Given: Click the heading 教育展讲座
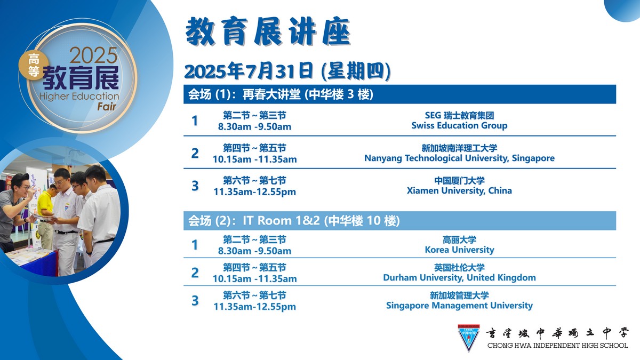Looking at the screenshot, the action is [268, 31].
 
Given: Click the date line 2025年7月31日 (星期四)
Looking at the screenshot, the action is [287, 71].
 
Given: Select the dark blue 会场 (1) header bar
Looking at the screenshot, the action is [399, 94].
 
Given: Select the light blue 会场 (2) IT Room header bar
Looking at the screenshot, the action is [399, 221].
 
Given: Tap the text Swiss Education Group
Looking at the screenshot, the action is [459, 125].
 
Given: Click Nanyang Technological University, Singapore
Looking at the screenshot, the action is [459, 158].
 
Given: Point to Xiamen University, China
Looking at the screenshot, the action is [459, 190].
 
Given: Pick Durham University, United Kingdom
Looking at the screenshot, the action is [459, 277].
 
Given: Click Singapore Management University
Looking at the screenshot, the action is [459, 306].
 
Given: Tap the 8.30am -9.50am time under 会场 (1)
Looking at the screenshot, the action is [254, 126].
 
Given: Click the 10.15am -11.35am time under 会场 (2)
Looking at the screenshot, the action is [254, 278].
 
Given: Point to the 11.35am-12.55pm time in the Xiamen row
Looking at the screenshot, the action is [254, 191].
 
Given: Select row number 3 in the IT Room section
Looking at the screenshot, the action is [195, 301].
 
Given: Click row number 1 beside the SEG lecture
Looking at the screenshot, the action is [195, 121].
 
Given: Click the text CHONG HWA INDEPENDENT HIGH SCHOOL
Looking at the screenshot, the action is [557, 346].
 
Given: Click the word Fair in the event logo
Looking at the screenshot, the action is [107, 107].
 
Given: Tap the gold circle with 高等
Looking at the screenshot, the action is [34, 65].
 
